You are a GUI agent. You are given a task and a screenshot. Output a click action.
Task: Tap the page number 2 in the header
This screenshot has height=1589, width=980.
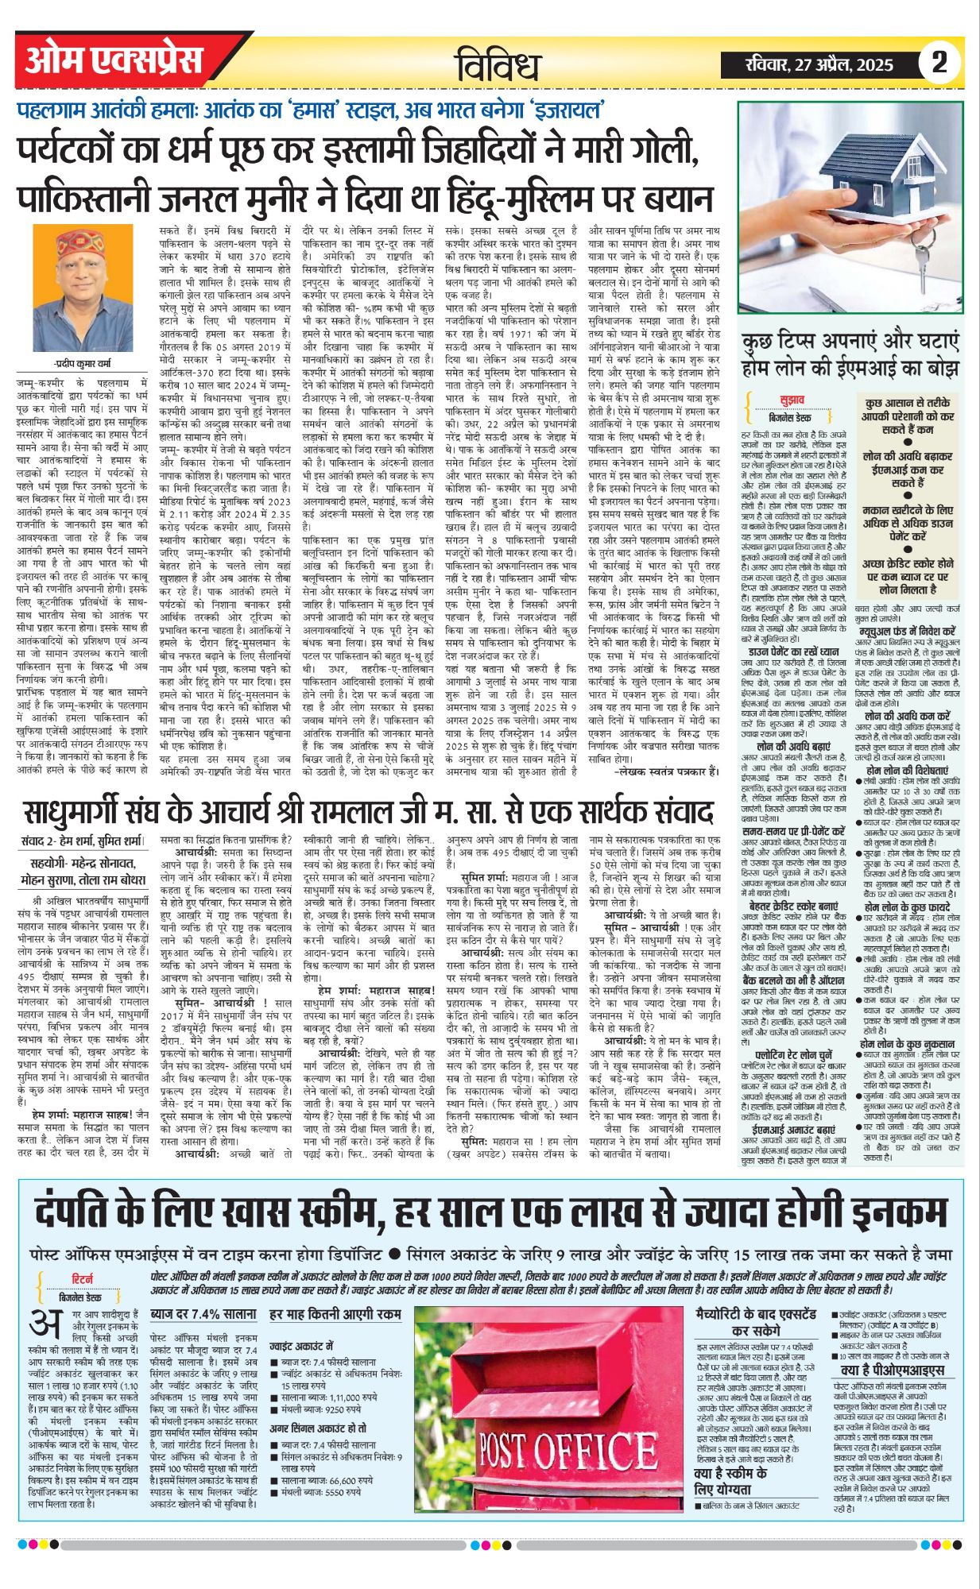[939, 63]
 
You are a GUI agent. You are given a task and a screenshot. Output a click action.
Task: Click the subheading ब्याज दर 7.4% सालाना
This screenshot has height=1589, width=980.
[203, 1315]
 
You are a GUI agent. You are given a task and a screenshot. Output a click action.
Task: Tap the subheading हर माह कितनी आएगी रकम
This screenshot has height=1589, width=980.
[335, 1315]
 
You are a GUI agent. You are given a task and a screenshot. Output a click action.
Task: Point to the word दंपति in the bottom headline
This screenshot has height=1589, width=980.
[90, 1212]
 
